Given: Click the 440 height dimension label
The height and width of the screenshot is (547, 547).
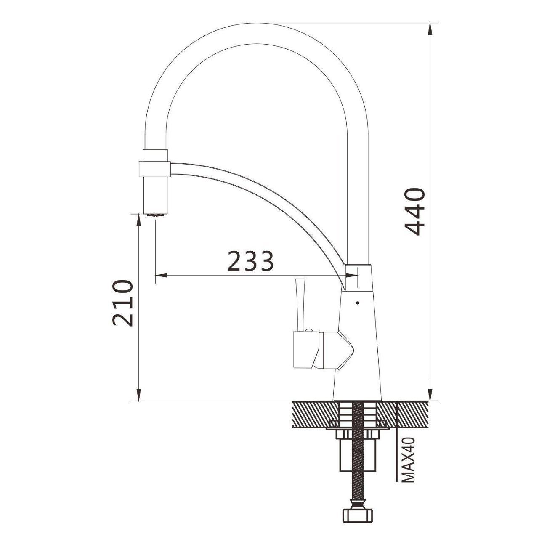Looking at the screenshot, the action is [415, 211].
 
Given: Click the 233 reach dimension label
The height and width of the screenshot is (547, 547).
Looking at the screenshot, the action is [250, 260].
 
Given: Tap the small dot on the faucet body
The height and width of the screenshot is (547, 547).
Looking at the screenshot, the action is [357, 303].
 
